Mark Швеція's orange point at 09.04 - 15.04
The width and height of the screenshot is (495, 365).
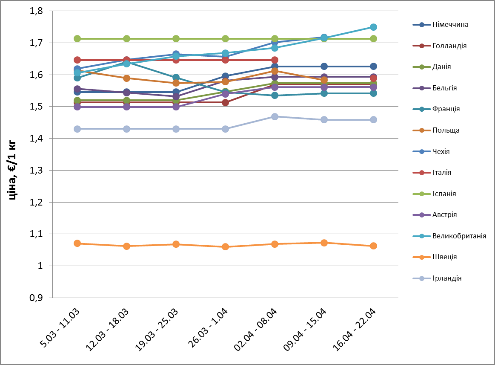click(x=324, y=243)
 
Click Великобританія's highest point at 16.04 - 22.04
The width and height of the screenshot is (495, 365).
click(x=373, y=27)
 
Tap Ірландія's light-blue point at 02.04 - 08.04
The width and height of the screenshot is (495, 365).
click(x=275, y=116)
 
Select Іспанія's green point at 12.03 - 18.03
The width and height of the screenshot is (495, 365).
click(x=126, y=39)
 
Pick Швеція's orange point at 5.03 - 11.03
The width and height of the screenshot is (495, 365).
click(x=77, y=243)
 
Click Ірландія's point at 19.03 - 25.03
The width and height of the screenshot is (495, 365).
click(x=176, y=129)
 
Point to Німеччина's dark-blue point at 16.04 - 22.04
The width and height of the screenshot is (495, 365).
click(x=373, y=67)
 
